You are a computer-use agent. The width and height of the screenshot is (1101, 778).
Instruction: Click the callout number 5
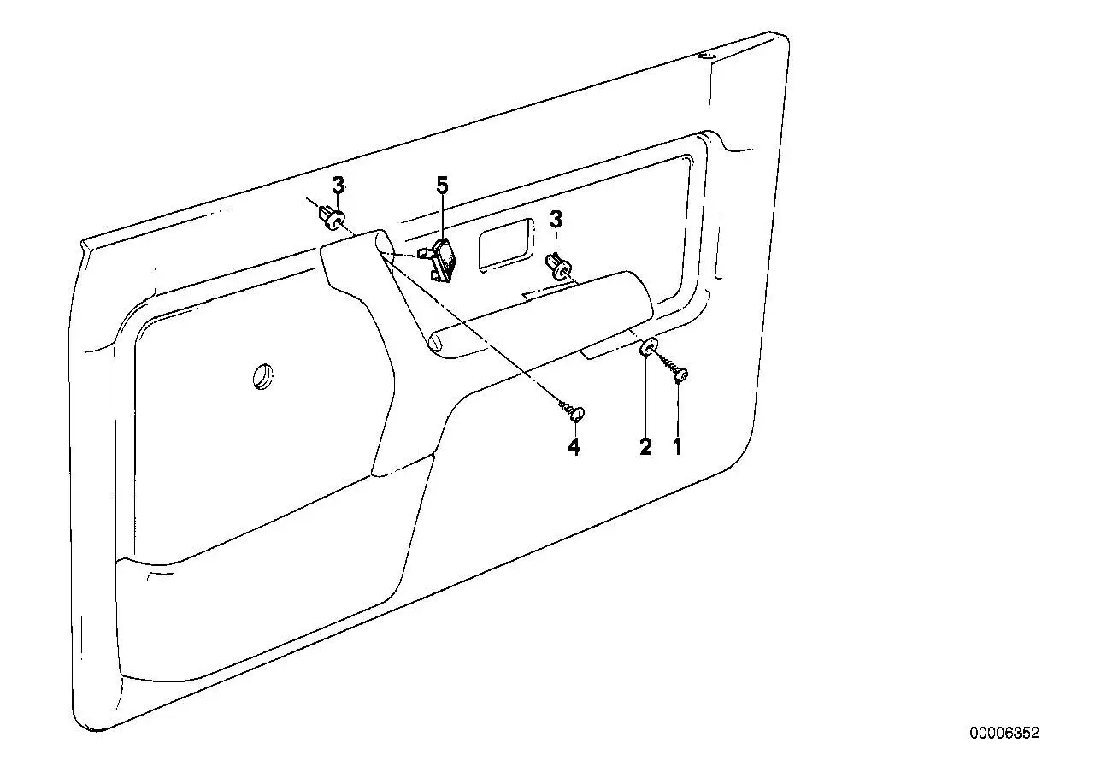coord(443,186)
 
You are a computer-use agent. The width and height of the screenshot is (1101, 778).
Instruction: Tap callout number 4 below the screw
coord(574,447)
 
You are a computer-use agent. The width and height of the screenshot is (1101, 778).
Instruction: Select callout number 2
coord(645,447)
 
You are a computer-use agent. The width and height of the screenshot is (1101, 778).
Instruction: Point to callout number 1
coord(677,447)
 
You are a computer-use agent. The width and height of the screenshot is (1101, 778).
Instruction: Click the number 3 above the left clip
coord(339,186)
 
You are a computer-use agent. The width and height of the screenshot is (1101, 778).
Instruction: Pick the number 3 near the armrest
coord(556,220)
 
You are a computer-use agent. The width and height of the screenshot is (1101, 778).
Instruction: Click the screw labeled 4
coord(572,410)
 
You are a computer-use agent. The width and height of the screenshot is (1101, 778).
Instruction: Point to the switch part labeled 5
coord(440,260)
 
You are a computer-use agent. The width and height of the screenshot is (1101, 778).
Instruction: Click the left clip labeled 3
coord(332,216)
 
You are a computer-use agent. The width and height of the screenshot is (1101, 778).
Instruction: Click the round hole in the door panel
coord(263,377)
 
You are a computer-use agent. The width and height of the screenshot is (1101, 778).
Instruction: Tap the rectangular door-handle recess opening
coord(506,245)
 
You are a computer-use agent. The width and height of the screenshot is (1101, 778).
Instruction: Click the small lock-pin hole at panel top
coord(706,56)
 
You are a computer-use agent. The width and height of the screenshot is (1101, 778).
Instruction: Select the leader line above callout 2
coord(645,397)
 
